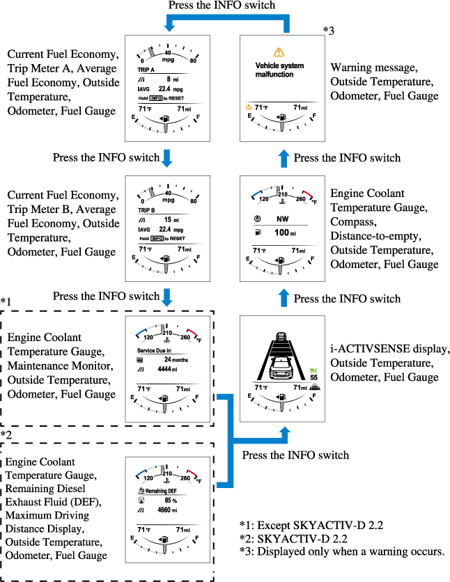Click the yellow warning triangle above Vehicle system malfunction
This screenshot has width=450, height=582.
tap(279, 52)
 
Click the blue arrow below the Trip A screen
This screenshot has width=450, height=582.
tap(166, 157)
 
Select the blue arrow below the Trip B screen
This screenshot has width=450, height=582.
tap(166, 297)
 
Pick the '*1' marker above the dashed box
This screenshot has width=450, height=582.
tap(6, 301)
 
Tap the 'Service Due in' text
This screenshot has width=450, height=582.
tap(155, 349)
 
